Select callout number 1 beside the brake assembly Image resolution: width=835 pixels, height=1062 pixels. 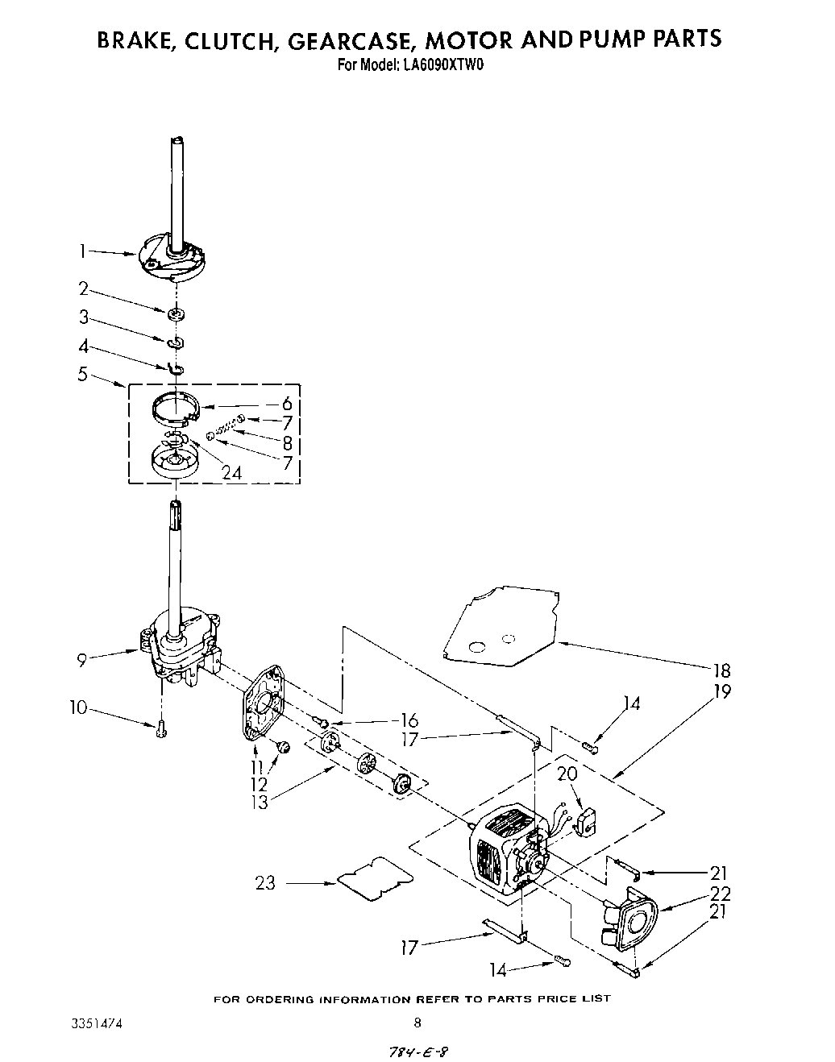[81, 251]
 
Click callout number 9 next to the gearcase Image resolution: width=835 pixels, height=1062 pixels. [81, 661]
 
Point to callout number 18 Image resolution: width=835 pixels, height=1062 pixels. [721, 670]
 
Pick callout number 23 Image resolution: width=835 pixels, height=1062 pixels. [265, 883]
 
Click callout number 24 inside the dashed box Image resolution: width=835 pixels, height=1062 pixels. [231, 473]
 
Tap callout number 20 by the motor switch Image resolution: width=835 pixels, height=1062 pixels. [567, 774]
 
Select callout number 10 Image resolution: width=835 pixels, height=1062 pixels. [78, 708]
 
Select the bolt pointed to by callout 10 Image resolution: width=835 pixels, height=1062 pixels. [161, 729]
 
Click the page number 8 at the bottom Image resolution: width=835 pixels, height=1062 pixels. [417, 1023]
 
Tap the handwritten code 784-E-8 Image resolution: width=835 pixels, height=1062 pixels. [417, 1052]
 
